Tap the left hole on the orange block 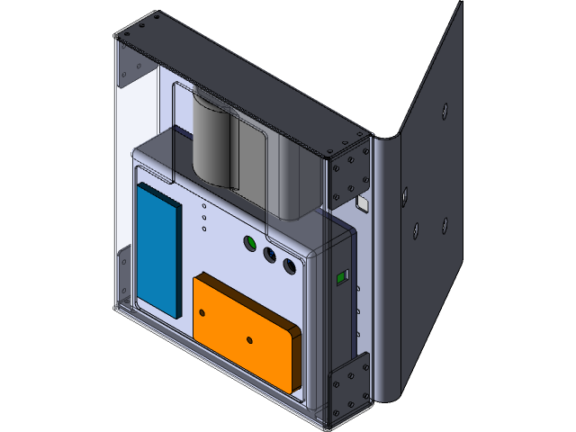coord(202,312)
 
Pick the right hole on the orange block coord(249,340)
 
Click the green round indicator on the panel coord(251,244)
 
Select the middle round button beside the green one coord(269,256)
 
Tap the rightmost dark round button coord(289,266)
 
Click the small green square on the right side coord(341,277)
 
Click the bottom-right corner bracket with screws coord(349,387)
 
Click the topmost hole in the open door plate coord(444,111)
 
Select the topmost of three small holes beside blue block coord(204,206)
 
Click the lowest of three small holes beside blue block coord(204,229)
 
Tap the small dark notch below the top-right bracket coord(364,204)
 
